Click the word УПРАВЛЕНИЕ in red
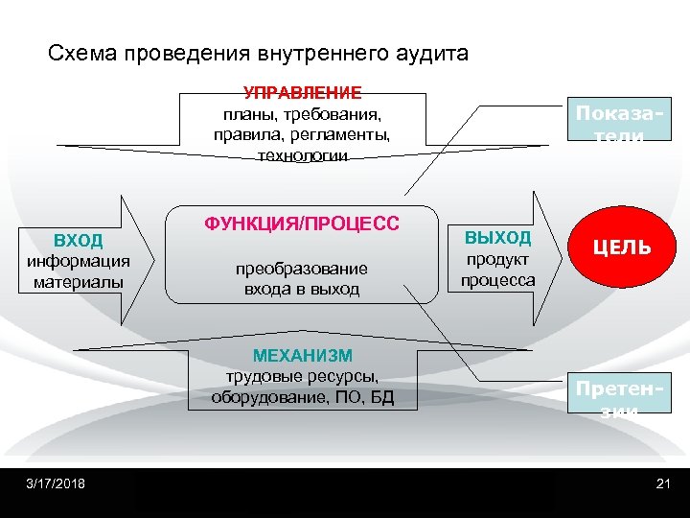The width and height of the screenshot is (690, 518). pos(303,93)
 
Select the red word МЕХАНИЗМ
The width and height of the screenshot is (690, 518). pos(303,355)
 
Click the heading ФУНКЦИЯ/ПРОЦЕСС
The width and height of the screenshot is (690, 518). pos(302,224)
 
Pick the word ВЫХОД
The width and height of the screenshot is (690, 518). pos(497,238)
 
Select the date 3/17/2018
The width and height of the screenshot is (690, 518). pos(56,483)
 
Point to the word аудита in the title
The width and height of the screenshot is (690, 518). pos(431,53)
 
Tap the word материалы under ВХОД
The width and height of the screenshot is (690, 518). pos(79,282)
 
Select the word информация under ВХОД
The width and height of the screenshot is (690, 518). pos(79,262)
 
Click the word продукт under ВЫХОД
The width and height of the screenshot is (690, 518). pos(497,260)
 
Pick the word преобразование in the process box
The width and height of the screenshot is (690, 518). pos(302,270)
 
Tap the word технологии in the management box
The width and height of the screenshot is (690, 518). pos(303,154)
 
